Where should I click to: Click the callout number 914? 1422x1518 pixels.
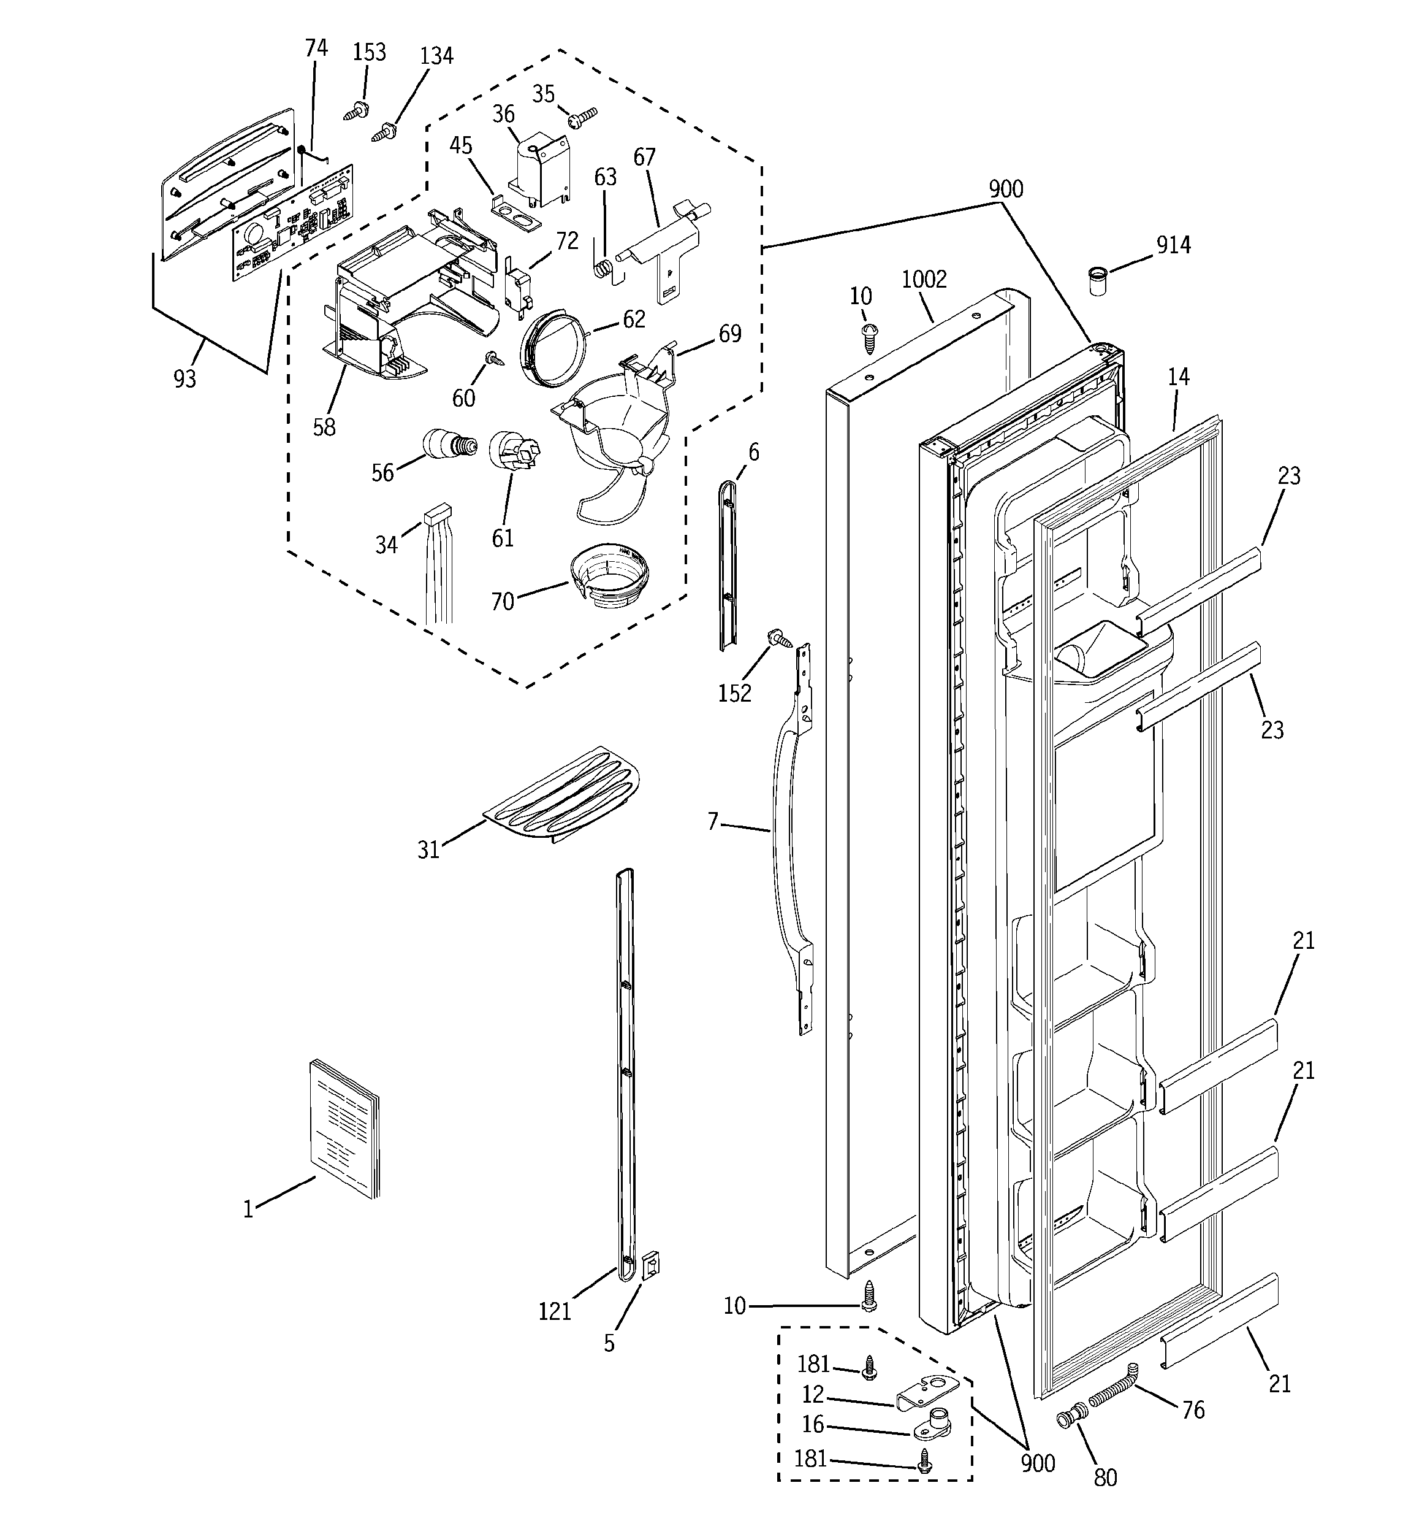click(x=1173, y=245)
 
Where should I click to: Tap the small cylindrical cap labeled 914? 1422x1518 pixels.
click(x=1098, y=281)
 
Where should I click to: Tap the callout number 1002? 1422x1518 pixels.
click(x=924, y=280)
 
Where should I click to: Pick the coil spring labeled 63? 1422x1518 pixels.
click(x=603, y=269)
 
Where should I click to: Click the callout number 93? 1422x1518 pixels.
click(x=184, y=379)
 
